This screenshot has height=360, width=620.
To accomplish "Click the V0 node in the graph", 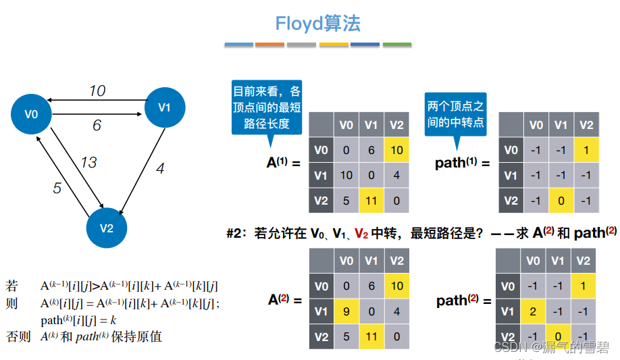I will click(31, 115).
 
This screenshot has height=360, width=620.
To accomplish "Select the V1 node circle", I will click(165, 107).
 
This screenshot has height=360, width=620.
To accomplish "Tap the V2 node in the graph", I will click(107, 227).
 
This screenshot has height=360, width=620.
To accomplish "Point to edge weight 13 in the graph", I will click(88, 162).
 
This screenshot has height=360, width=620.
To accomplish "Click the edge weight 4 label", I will click(160, 168).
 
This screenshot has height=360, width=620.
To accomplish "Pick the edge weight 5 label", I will click(57, 188).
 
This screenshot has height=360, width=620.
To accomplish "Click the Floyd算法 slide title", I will click(317, 24).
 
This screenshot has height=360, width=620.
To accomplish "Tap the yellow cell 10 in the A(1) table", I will click(396, 150).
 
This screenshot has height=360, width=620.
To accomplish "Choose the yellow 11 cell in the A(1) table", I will click(371, 201).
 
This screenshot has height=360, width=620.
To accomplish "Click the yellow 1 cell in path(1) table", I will click(586, 150).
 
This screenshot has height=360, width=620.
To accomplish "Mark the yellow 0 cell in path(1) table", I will click(561, 201).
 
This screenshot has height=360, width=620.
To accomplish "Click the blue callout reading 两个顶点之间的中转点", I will click(456, 113).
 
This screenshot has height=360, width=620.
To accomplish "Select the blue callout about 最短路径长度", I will click(266, 107).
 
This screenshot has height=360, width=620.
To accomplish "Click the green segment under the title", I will click(397, 45).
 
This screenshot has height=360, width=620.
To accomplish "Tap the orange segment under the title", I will click(269, 45).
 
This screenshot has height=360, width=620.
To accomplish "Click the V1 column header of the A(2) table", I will click(371, 260).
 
